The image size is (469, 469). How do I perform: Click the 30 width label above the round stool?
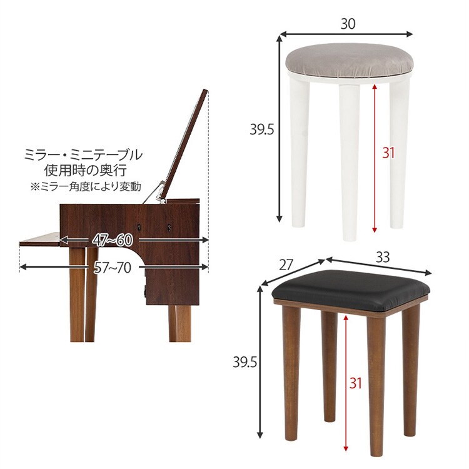(348, 24)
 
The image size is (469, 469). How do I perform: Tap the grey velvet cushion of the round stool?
(348, 61)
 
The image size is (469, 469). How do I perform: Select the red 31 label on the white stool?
(388, 153)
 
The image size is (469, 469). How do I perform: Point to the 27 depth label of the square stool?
(286, 265)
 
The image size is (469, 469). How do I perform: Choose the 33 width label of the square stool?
(383, 256)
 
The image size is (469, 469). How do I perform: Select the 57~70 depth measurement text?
(113, 268)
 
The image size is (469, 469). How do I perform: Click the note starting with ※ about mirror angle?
(86, 186)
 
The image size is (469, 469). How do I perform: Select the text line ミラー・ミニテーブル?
(83, 154)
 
